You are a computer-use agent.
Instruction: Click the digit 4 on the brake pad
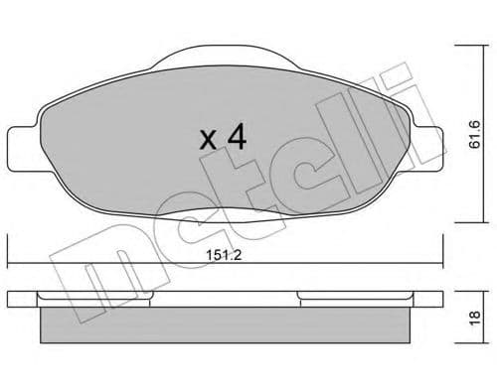(x=236, y=137)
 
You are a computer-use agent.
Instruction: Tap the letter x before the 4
(x=208, y=140)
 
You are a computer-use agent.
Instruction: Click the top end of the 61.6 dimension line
(x=459, y=42)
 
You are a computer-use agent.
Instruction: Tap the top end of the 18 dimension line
(x=459, y=291)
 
